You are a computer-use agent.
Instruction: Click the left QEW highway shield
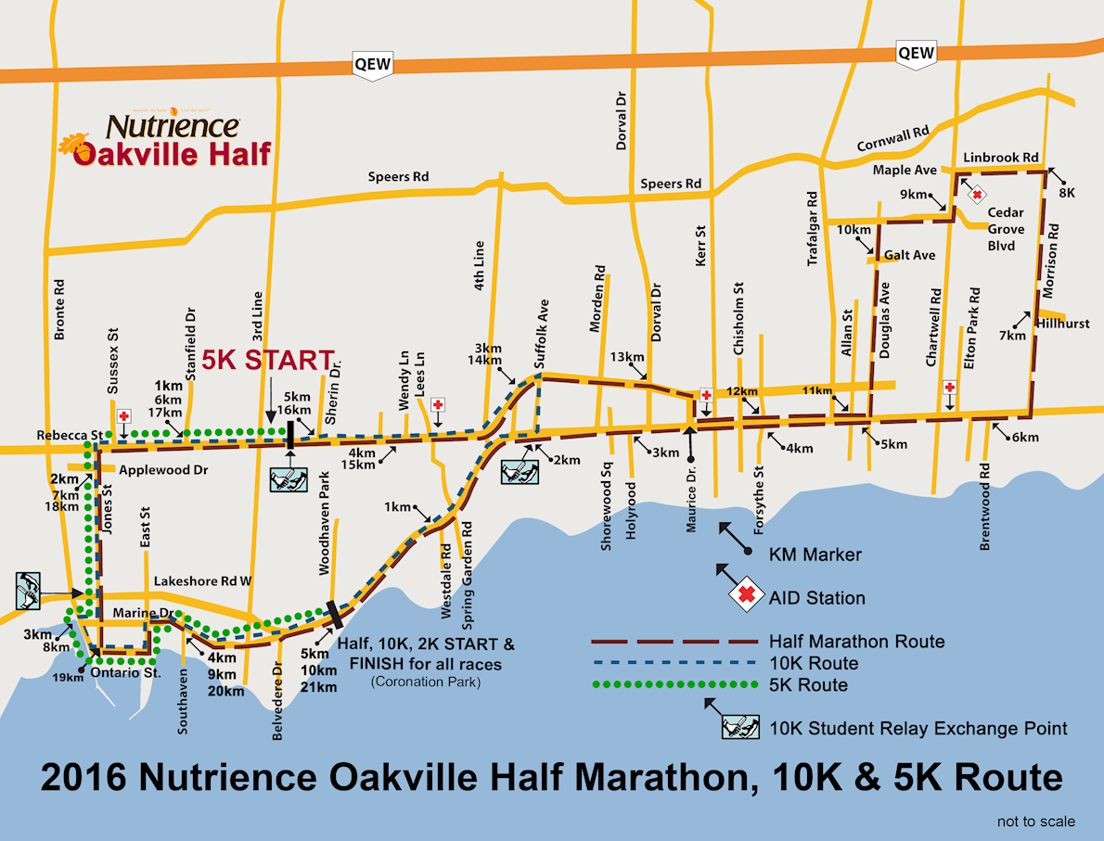pyautogui.click(x=373, y=65)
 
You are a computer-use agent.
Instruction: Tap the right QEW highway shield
pyautogui.click(x=916, y=54)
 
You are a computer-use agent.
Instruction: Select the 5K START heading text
pyautogui.click(x=267, y=359)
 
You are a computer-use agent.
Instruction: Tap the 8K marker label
pyautogui.click(x=1067, y=194)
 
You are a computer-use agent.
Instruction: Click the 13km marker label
pyautogui.click(x=627, y=357)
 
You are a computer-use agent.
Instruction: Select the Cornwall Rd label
pyautogui.click(x=893, y=140)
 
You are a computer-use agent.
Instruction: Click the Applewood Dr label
pyautogui.click(x=163, y=470)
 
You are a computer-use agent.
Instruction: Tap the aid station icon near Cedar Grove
pyautogui.click(x=977, y=195)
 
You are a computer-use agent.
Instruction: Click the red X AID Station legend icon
pyautogui.click(x=746, y=596)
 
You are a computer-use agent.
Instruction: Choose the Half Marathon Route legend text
pyautogui.click(x=856, y=642)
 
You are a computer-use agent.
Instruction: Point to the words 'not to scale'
pyautogui.click(x=1036, y=822)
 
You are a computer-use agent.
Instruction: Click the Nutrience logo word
pyautogui.click(x=173, y=125)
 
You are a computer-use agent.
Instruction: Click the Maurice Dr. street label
pyautogui.click(x=691, y=504)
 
